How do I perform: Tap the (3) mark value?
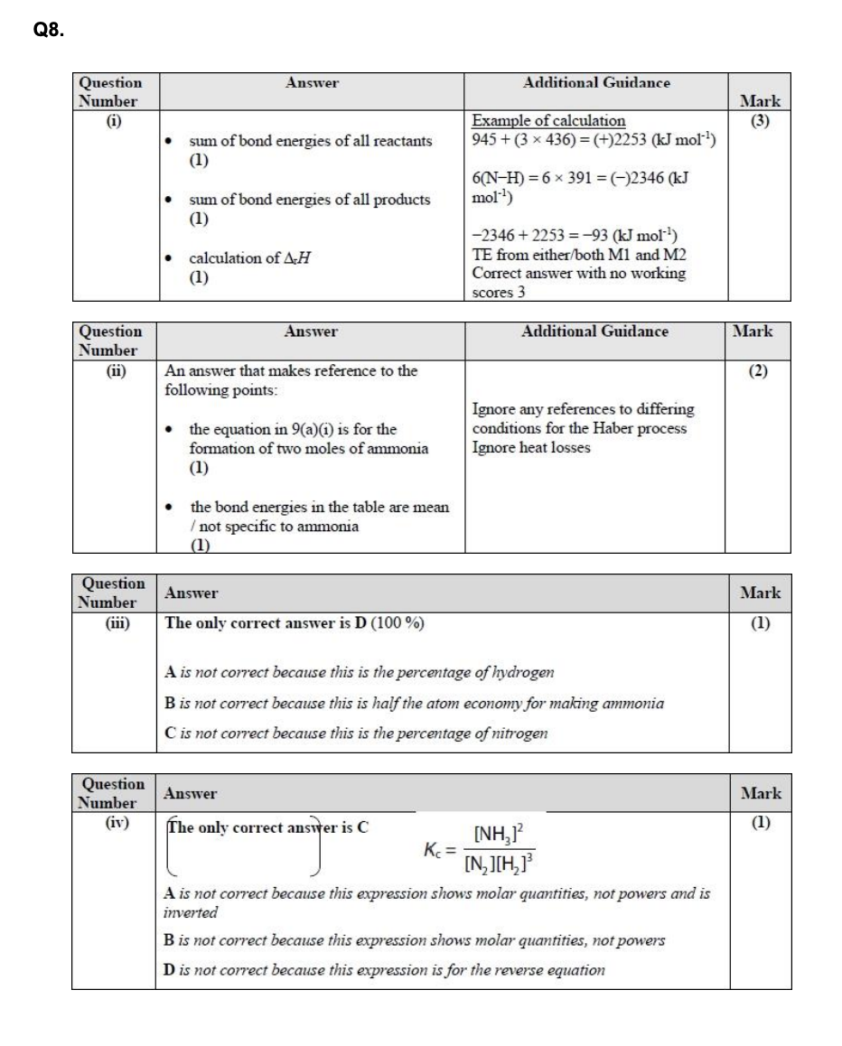tap(760, 121)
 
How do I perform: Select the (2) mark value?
tap(760, 370)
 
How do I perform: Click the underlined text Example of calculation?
tap(548, 121)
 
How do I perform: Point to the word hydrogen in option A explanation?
tap(521, 672)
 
